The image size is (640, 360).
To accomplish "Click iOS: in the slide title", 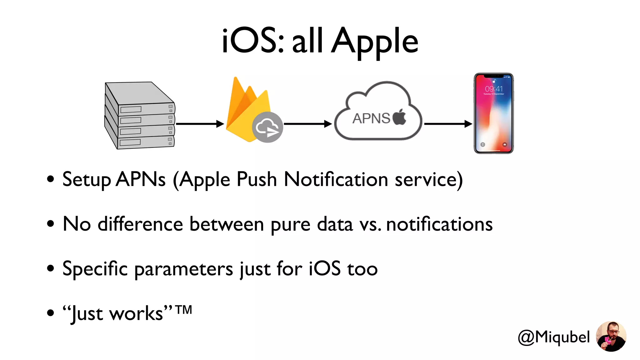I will point(253,41).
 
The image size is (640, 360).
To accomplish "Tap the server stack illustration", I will point(140,116).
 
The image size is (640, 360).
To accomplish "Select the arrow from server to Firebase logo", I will point(200,124).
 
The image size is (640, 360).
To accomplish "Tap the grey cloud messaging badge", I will point(267,127).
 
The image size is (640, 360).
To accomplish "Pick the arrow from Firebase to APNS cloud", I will point(308,124).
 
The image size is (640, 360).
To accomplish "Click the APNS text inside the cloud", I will point(371,118).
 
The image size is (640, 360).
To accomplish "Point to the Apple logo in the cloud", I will point(399,117).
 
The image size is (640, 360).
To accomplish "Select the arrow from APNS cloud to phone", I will point(448,124).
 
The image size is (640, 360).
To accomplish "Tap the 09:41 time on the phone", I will point(494,89).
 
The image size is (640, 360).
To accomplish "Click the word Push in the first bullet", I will point(257,180).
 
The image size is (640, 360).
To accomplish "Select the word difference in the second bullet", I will point(140,224).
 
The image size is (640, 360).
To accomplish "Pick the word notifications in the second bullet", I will point(439,224).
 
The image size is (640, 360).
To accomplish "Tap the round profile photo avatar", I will point(611,337).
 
